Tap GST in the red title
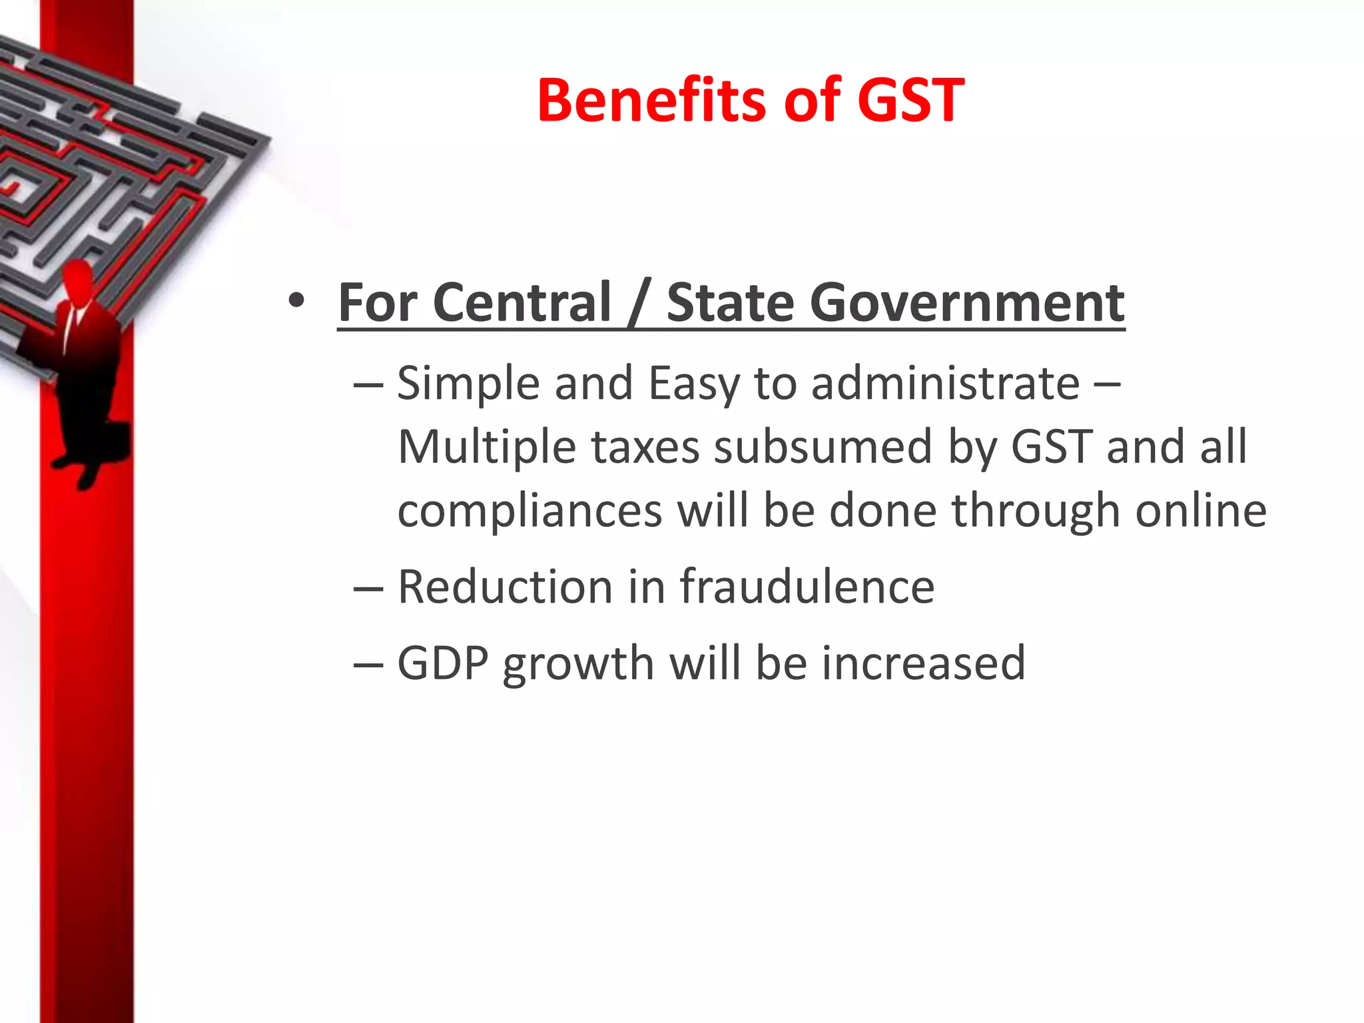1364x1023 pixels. point(910,101)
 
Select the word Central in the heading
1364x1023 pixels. point(521,303)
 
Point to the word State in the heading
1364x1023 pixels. point(731,303)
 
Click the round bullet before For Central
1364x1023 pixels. point(297,301)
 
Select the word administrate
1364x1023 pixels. point(945,384)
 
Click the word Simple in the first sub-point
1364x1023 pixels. point(468,385)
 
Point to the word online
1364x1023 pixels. point(1200,510)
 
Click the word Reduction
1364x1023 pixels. point(505,587)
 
